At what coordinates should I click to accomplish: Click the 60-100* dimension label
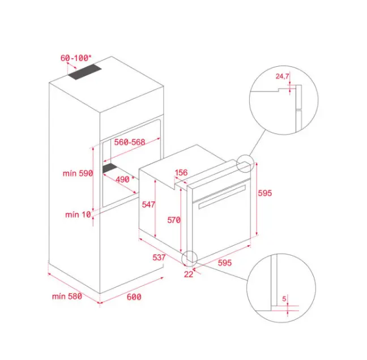pyautogui.click(x=76, y=58)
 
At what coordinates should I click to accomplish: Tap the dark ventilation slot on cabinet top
pyautogui.click(x=85, y=71)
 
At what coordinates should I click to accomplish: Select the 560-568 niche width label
pyautogui.click(x=130, y=142)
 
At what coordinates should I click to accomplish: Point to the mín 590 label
pyautogui.click(x=78, y=173)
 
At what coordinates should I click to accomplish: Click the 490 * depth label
pyautogui.click(x=125, y=179)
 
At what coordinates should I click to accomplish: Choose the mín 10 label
pyautogui.click(x=78, y=215)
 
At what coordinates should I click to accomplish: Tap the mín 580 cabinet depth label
pyautogui.click(x=67, y=297)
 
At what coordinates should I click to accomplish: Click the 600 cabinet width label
pyautogui.click(x=134, y=297)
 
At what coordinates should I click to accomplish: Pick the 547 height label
pyautogui.click(x=148, y=204)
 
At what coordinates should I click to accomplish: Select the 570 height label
pyautogui.click(x=174, y=220)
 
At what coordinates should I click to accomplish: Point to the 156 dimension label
pyautogui.click(x=181, y=173)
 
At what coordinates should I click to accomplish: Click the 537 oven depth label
pyautogui.click(x=159, y=258)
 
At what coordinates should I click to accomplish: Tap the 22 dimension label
pyautogui.click(x=189, y=274)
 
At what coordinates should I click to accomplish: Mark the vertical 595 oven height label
pyautogui.click(x=265, y=193)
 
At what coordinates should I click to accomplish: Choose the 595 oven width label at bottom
pyautogui.click(x=225, y=263)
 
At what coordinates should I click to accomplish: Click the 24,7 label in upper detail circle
pyautogui.click(x=282, y=76)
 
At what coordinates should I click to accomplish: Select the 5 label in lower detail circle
pyautogui.click(x=284, y=299)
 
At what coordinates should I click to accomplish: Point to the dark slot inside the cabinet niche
pyautogui.click(x=109, y=168)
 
